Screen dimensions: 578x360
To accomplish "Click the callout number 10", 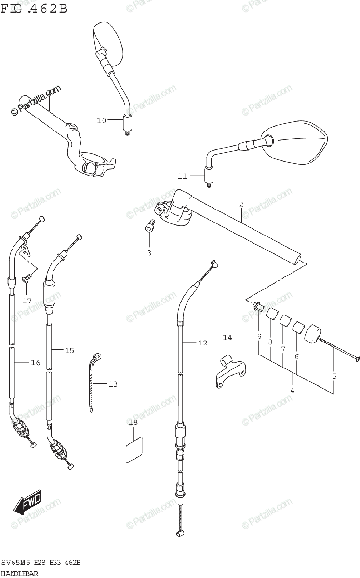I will click(x=101, y=121).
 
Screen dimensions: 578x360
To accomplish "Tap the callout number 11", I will click(x=182, y=176).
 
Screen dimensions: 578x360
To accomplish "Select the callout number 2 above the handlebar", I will click(x=240, y=204).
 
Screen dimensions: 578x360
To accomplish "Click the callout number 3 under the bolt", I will click(x=149, y=252).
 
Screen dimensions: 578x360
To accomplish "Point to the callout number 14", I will click(x=227, y=338).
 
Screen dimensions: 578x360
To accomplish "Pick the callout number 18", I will click(x=133, y=422).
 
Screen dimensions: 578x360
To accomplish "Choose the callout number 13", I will click(x=113, y=384).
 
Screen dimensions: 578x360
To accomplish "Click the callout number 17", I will click(x=27, y=301).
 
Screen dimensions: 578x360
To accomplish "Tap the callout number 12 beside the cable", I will click(x=202, y=343).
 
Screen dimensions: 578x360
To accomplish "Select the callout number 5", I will click(x=334, y=376).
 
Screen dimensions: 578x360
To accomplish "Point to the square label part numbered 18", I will click(x=133, y=448).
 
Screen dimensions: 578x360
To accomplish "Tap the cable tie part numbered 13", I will click(x=94, y=381).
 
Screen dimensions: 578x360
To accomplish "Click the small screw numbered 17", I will click(x=28, y=277).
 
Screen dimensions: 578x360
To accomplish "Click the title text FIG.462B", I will click(x=34, y=8).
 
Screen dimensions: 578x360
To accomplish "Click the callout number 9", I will click(x=259, y=336).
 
